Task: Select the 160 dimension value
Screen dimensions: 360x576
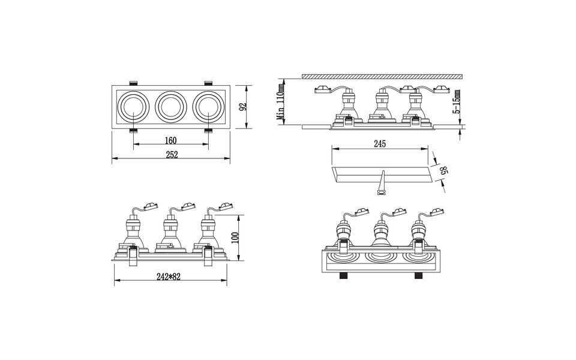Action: tap(170, 140)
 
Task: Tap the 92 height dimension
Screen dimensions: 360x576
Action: tap(242, 107)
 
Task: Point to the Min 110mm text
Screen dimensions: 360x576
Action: tap(280, 103)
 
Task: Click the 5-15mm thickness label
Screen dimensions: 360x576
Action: tap(457, 102)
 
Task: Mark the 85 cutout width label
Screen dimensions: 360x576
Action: tap(444, 172)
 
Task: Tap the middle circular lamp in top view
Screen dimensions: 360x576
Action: tap(170, 107)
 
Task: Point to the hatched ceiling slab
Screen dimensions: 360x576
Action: tap(383, 76)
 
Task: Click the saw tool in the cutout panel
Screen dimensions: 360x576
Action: tap(380, 183)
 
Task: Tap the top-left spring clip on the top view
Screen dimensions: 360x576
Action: tap(133, 82)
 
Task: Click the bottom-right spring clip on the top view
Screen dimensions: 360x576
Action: tap(208, 130)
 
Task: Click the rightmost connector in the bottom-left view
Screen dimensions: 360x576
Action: tap(226, 206)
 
